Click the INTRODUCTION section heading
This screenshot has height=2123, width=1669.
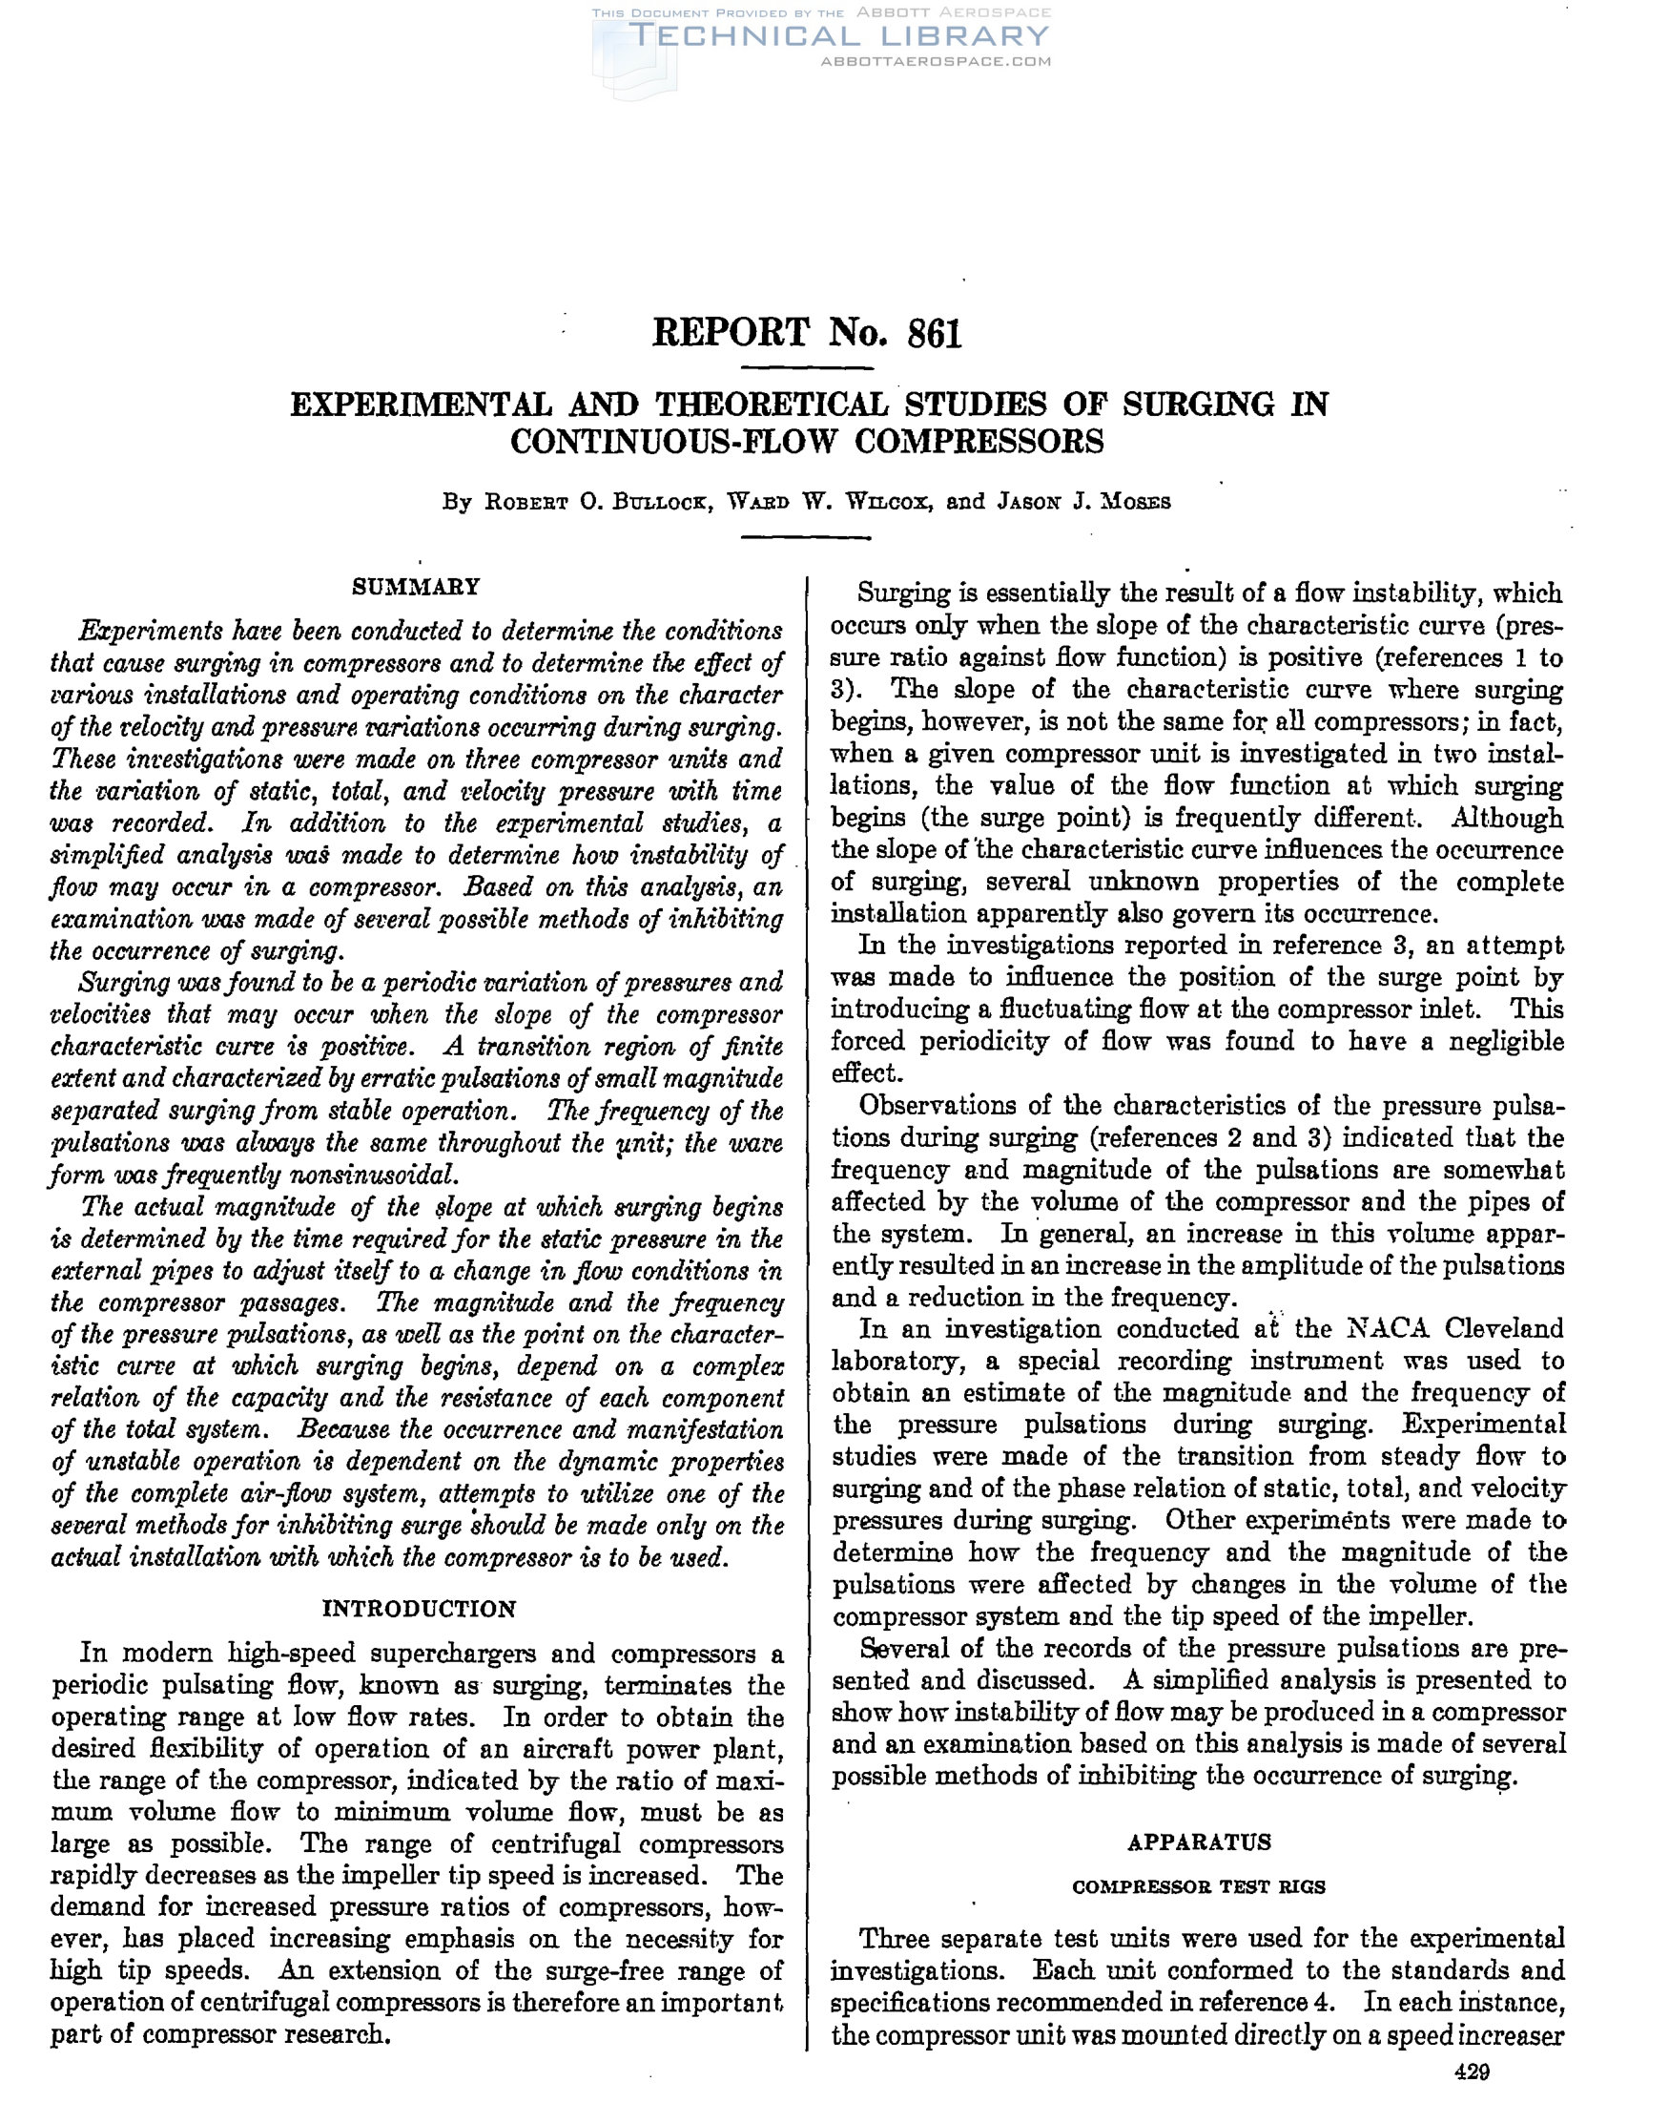click(420, 1609)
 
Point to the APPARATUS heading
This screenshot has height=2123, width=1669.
click(1199, 1842)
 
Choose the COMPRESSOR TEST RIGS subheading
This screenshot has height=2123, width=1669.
click(1199, 1887)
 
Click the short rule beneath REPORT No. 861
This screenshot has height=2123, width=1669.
click(807, 368)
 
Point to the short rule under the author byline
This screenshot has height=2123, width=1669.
click(807, 537)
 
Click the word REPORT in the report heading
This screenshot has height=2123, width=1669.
click(731, 334)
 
